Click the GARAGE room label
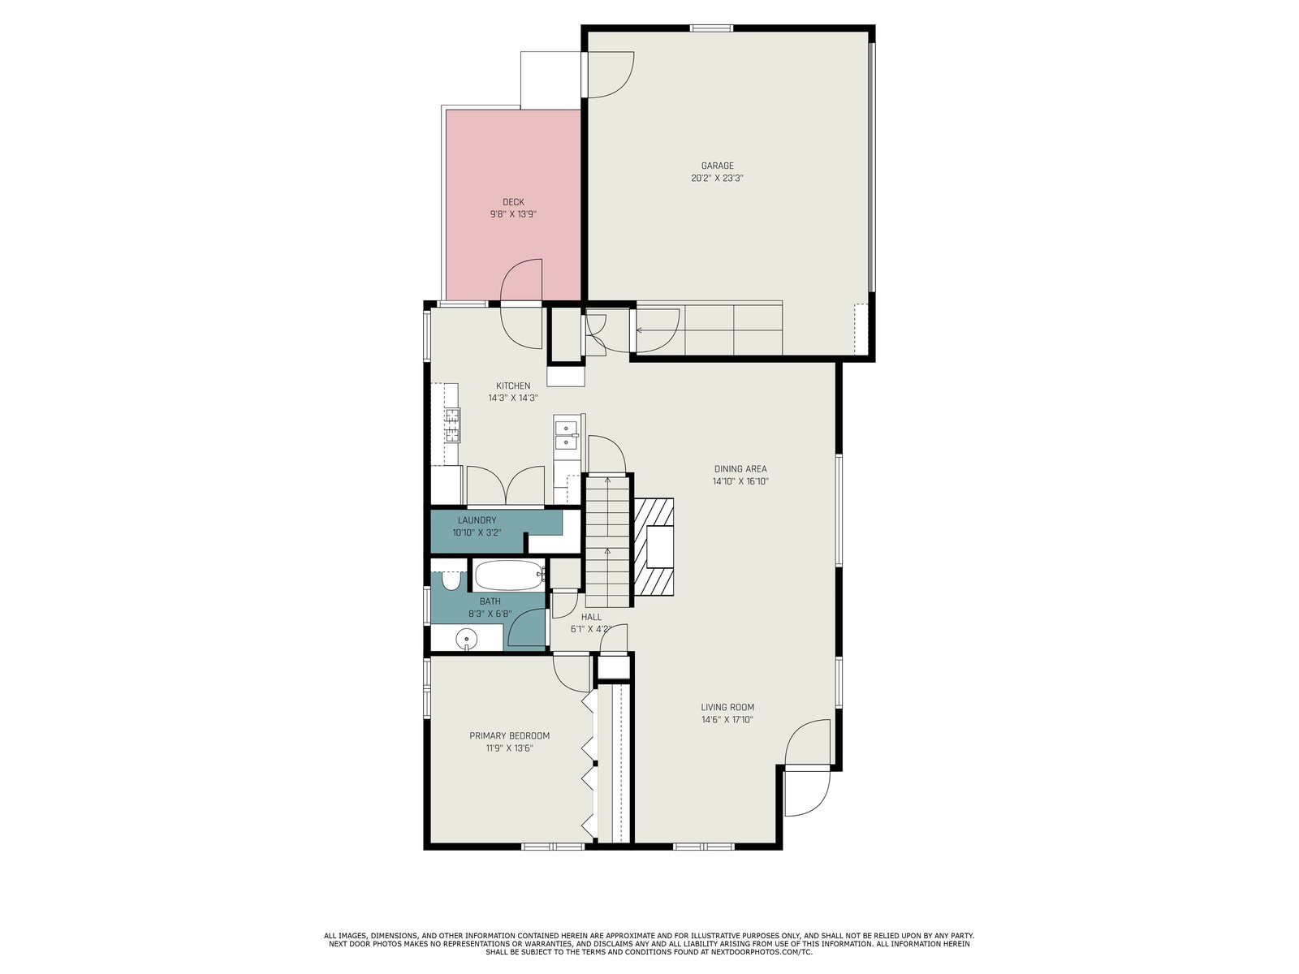point(717,166)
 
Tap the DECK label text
point(513,202)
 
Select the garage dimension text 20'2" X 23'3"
point(717,178)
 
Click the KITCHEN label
point(513,386)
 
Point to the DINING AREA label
point(740,469)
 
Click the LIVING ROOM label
point(727,707)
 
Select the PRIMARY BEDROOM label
point(510,735)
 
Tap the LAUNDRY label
point(477,520)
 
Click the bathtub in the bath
point(509,575)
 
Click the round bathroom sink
point(467,639)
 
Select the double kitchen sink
point(567,435)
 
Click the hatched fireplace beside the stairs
point(654,547)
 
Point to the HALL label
point(591,617)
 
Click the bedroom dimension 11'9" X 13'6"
point(510,748)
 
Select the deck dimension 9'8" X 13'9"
point(513,214)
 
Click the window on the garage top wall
point(712,28)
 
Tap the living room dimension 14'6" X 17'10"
point(727,720)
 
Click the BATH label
point(490,601)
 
